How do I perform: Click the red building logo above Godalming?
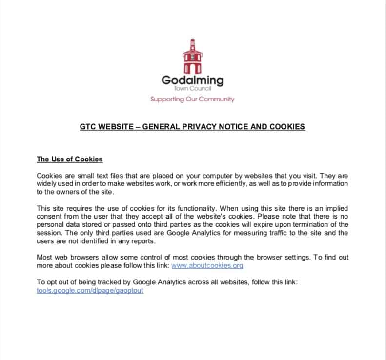click(192, 56)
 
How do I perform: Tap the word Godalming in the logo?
click(192, 80)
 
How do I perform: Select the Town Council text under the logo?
click(193, 89)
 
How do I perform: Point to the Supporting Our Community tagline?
click(192, 99)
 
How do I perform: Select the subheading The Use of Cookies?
click(70, 159)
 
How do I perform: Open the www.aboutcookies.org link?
click(207, 265)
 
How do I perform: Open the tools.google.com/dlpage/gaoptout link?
click(90, 290)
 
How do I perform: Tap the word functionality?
click(211, 208)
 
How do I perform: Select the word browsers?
click(81, 257)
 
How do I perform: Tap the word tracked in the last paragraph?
click(107, 282)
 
